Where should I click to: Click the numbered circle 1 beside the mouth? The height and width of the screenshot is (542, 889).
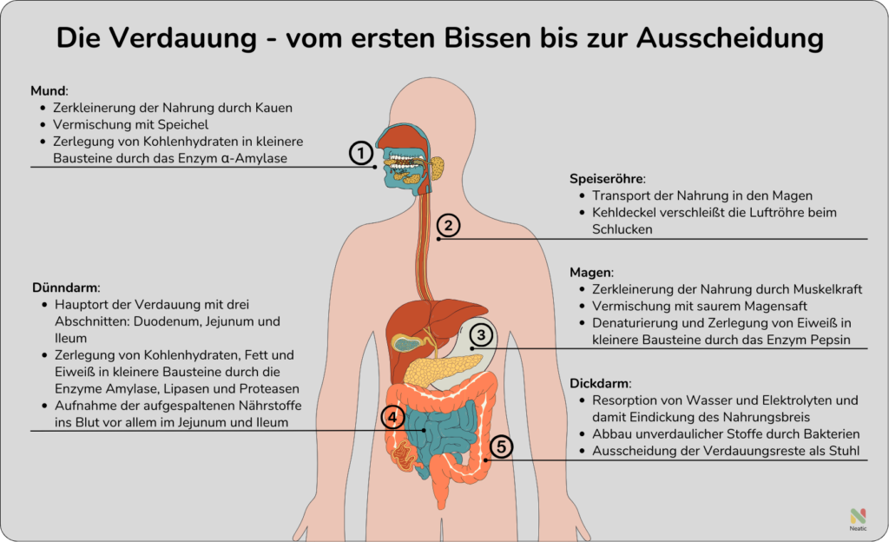[x=362, y=153]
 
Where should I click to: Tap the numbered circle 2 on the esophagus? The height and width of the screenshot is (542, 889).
[x=447, y=225]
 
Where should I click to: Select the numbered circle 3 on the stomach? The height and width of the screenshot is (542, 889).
[x=482, y=334]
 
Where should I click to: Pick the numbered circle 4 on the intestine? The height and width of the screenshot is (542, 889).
[x=392, y=418]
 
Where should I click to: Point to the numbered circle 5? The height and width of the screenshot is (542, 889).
[x=501, y=446]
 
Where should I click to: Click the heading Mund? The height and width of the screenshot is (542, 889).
[x=49, y=90]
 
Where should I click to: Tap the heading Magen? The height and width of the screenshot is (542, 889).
[x=591, y=272]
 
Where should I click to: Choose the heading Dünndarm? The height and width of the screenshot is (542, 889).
[x=66, y=287]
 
